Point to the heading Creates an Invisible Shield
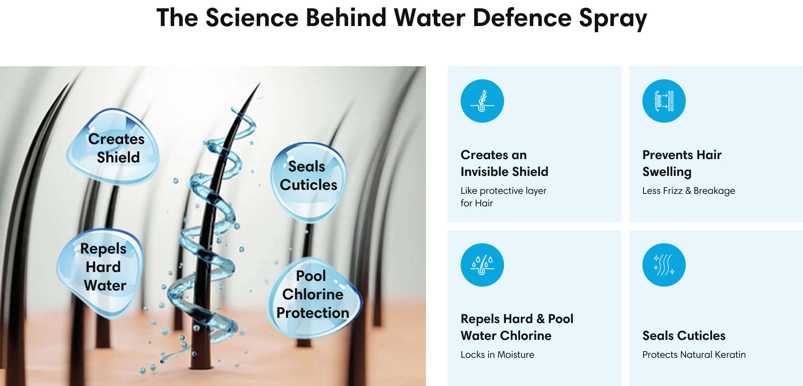(504, 163)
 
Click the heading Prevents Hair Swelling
(682, 163)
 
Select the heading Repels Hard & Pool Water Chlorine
(517, 327)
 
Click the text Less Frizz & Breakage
(688, 191)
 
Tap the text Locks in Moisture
(497, 355)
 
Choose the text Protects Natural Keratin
(694, 355)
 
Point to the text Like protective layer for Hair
(503, 197)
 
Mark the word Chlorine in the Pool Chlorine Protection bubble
(313, 294)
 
